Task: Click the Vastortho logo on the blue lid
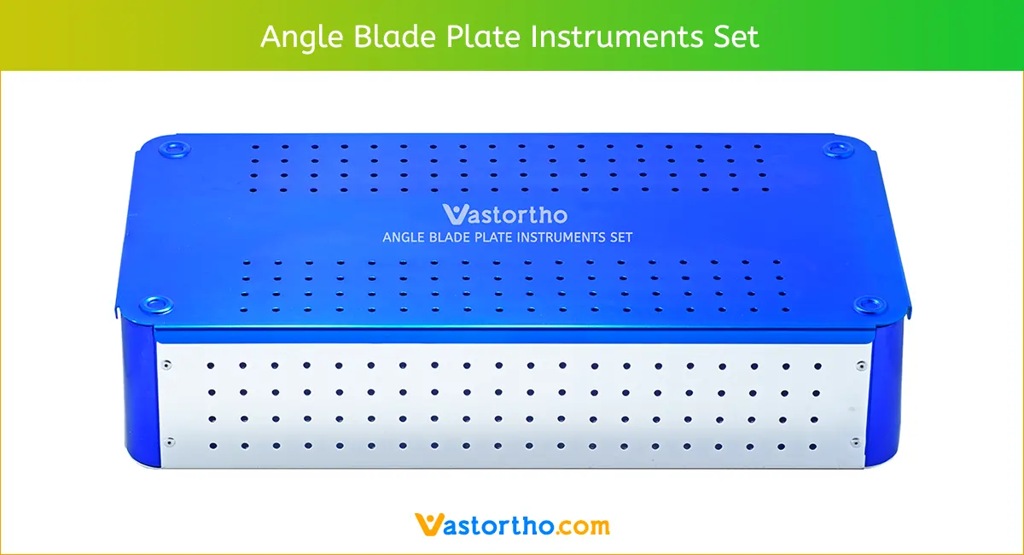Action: point(504,213)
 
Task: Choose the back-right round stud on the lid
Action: point(840,149)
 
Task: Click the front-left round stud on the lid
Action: point(157,304)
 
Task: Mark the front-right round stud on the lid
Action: point(869,304)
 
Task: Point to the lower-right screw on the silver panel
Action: point(856,441)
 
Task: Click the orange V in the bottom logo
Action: point(426,523)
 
